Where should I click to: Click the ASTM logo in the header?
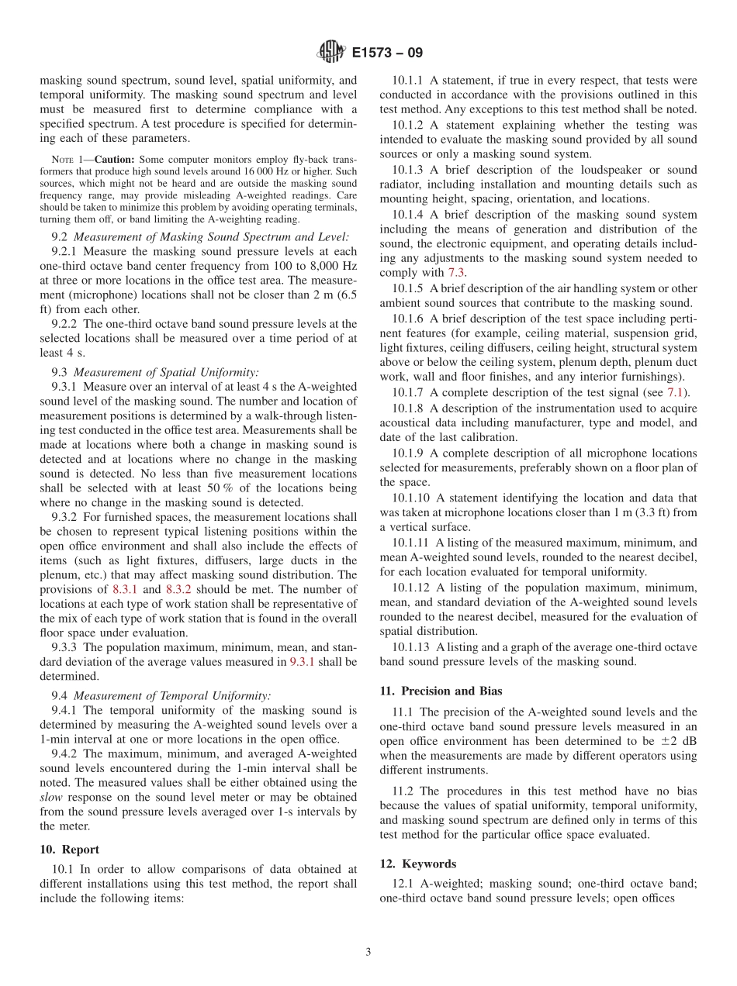click(x=331, y=53)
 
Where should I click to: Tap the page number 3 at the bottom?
click(x=368, y=952)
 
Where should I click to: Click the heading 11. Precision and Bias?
click(x=441, y=691)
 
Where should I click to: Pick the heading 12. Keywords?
click(x=418, y=864)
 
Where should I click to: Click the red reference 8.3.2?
click(x=181, y=589)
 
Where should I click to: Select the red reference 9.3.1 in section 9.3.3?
click(x=303, y=661)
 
